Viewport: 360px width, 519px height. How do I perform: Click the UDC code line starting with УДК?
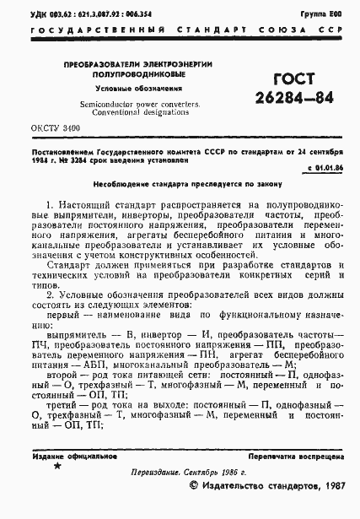tap(88, 15)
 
